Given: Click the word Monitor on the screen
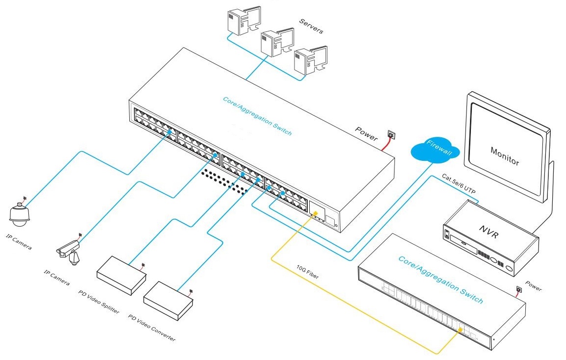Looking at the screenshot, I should click(x=505, y=155).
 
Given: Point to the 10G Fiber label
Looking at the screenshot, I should click(x=307, y=273).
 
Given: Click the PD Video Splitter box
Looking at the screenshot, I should click(x=121, y=275).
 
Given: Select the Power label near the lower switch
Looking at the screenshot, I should click(x=534, y=285).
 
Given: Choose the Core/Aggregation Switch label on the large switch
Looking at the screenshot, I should click(x=257, y=116).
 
